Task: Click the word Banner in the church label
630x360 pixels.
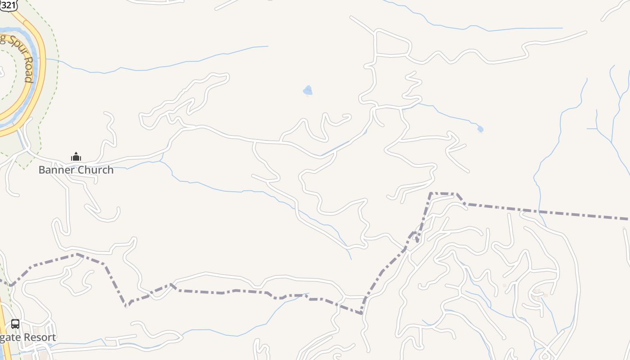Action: click(53, 170)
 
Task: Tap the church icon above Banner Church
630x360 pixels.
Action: click(76, 157)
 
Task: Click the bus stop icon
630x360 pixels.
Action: click(15, 324)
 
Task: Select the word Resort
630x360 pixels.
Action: click(39, 337)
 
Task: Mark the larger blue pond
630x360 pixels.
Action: click(308, 90)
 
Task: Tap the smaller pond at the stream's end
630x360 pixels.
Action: click(480, 129)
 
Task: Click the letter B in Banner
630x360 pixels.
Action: click(41, 170)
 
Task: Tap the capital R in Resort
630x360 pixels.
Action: click(27, 337)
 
